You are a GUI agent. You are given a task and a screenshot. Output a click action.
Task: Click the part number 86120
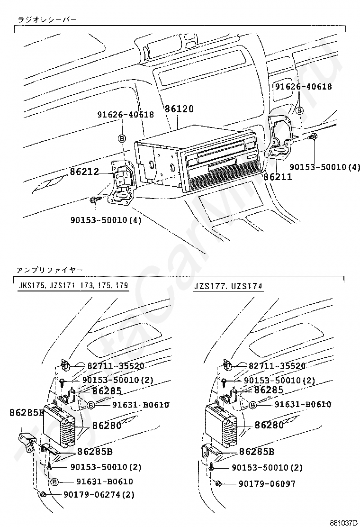(x=179, y=109)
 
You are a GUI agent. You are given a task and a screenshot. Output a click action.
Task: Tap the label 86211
(x=278, y=177)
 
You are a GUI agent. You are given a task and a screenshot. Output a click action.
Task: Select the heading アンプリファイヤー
(x=50, y=270)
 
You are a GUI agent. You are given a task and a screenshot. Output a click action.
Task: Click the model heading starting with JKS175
(x=73, y=286)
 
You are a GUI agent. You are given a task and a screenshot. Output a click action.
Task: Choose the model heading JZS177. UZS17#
(x=228, y=287)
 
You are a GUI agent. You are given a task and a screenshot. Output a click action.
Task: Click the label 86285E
(x=26, y=412)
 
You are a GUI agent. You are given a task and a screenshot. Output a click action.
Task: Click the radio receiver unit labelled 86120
(x=199, y=156)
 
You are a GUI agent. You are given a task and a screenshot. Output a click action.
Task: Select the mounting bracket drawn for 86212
(x=122, y=182)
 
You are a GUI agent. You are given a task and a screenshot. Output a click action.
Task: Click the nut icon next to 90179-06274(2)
(x=43, y=495)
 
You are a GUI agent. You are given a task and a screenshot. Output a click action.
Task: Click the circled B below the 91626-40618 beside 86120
(x=122, y=138)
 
